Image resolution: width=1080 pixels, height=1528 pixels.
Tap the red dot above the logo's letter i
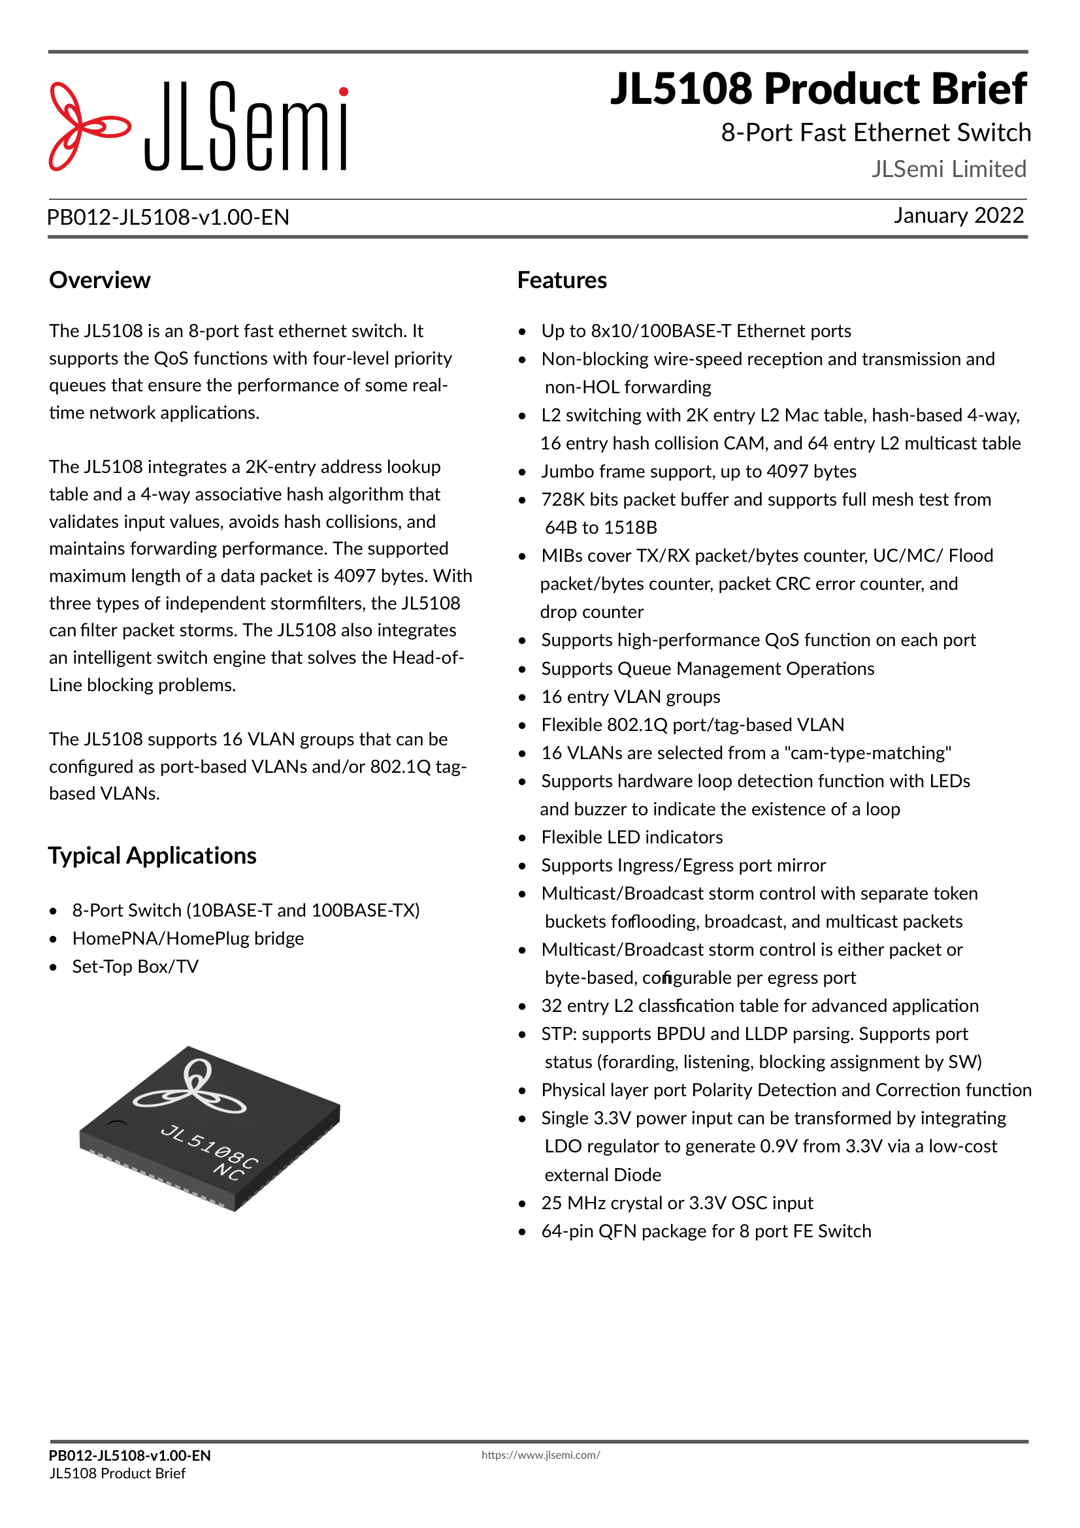[x=344, y=92]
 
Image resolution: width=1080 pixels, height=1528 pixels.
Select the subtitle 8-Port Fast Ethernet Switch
[x=875, y=133]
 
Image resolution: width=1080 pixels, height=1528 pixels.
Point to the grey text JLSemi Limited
[x=948, y=169]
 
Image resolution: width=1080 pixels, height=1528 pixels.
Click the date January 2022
[x=958, y=216]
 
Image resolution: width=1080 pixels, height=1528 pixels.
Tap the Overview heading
[x=100, y=280]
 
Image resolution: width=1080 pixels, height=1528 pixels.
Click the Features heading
[x=562, y=280]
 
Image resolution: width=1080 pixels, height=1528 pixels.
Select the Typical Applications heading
[x=152, y=856]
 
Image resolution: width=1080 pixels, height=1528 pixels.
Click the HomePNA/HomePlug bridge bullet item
[x=188, y=938]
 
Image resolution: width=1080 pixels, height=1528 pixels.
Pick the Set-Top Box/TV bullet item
[x=135, y=966]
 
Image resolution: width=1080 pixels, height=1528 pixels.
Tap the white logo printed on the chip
[x=190, y=1090]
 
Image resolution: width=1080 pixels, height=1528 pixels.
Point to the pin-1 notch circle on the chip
[x=117, y=1124]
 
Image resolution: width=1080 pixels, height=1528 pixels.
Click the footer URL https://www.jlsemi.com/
[x=540, y=1455]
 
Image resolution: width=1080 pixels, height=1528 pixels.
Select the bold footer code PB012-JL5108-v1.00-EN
[x=130, y=1455]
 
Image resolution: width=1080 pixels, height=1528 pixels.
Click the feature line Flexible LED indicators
[x=632, y=837]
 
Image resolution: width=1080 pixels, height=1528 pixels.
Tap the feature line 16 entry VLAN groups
[x=630, y=697]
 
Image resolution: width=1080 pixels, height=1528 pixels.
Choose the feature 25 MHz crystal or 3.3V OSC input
[x=677, y=1203]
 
